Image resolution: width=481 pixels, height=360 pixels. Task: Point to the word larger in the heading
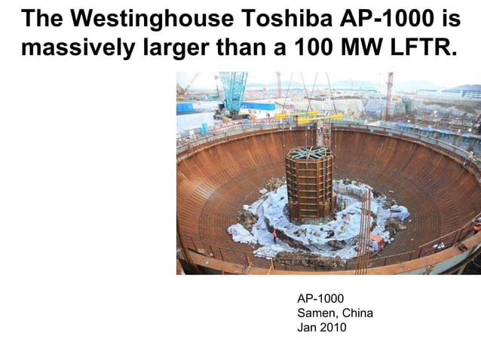tap(163, 49)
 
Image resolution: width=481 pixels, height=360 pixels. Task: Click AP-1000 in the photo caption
tap(321, 299)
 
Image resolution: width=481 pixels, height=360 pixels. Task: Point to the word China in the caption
tap(358, 313)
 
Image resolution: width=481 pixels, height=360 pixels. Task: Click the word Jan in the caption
tap(308, 328)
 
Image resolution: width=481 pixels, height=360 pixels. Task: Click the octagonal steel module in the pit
tap(309, 185)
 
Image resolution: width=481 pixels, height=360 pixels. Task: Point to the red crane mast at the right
tap(389, 94)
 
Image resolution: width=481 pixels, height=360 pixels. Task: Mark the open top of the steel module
tap(310, 153)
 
